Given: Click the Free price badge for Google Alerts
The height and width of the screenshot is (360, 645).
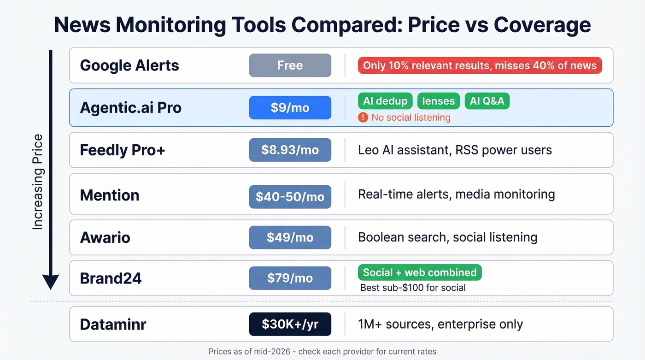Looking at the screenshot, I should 290,65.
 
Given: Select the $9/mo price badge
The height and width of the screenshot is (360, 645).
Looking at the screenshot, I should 290,108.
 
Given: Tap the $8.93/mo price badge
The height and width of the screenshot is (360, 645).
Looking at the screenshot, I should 290,150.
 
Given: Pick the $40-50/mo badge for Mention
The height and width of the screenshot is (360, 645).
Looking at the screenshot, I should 290,197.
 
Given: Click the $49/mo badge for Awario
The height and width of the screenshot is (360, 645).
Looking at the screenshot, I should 290,237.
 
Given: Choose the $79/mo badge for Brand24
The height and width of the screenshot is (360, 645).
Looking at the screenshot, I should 290,278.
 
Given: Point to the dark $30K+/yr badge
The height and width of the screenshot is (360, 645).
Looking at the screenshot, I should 290,324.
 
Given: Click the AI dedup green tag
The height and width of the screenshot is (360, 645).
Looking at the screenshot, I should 385,101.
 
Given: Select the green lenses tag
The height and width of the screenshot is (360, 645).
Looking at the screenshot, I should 438,101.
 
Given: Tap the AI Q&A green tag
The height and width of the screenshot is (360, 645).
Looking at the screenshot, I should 487,101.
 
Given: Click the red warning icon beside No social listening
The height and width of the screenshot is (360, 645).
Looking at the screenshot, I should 363,118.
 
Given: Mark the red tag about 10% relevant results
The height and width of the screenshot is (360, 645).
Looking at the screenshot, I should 480,65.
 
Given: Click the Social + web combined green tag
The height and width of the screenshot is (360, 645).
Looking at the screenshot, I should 420,272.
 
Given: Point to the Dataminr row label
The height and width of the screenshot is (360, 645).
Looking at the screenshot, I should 113,324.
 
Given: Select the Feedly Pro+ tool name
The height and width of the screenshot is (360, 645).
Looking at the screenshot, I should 123,150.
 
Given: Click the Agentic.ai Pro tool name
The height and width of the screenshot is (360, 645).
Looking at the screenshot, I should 131,108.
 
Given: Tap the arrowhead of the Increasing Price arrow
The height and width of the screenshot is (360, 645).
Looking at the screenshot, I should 51,281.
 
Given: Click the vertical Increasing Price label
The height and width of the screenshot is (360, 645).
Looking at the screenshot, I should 37,182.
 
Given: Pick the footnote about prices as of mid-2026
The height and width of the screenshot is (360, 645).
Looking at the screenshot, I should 322,351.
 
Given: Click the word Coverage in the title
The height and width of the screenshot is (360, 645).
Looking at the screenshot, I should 542,24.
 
